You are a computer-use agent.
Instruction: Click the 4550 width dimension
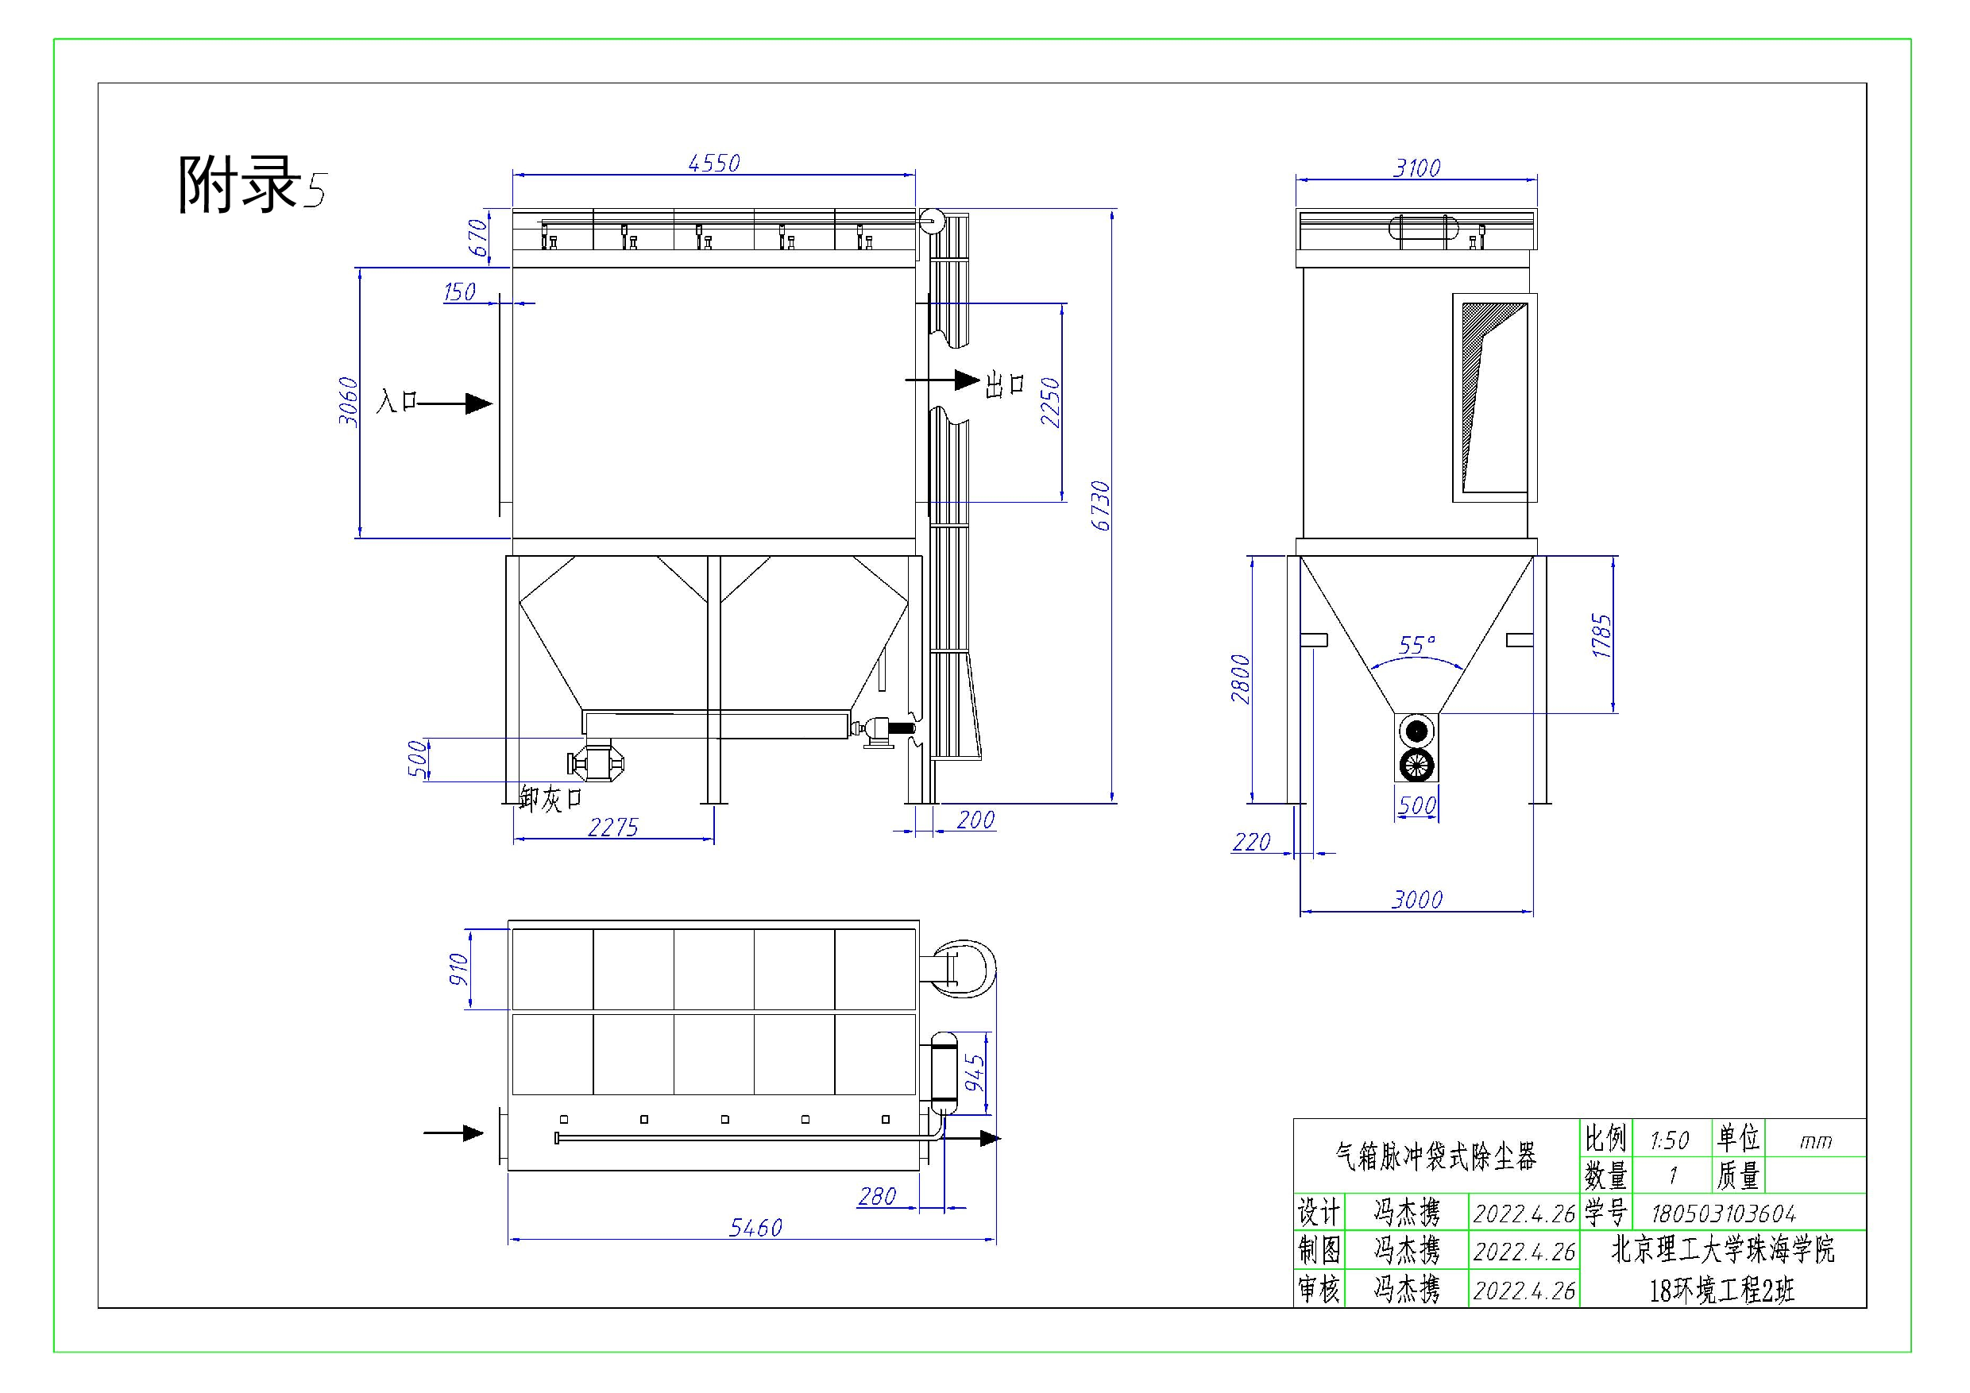point(714,163)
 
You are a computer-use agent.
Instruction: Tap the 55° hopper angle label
point(1416,645)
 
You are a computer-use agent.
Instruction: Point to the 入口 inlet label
point(396,400)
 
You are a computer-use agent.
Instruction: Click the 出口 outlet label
point(1005,384)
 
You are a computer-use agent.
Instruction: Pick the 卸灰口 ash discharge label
point(550,799)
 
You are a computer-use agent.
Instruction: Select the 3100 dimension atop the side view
point(1416,168)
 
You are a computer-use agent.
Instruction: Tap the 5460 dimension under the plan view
point(756,1229)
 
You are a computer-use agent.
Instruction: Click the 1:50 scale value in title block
point(1669,1140)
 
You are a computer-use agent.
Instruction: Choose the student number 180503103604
point(1723,1214)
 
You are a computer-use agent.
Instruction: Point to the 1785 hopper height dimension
point(1602,635)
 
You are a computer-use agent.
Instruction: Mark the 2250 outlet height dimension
point(1051,403)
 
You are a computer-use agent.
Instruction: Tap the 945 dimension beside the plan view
point(975,1073)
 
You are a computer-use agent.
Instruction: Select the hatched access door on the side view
point(1494,397)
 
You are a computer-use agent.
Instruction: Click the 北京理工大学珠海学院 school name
point(1723,1250)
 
